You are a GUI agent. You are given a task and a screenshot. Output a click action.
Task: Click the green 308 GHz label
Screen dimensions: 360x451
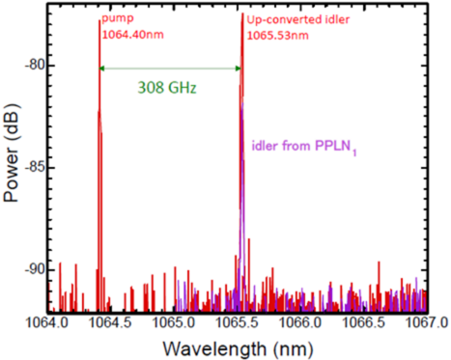click(166, 88)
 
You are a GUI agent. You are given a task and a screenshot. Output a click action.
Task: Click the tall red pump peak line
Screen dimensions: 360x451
click(99, 145)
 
